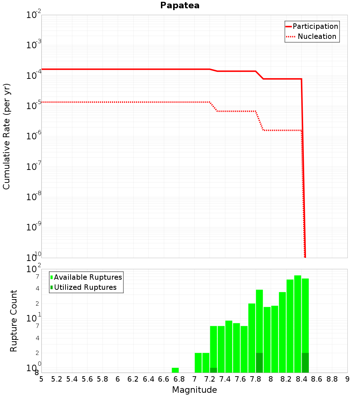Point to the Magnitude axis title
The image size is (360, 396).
(x=194, y=390)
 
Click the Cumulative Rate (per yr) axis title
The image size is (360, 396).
(x=6, y=136)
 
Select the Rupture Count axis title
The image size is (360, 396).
(x=14, y=321)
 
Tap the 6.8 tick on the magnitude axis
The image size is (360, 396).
(x=179, y=379)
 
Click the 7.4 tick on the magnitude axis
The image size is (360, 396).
(x=225, y=379)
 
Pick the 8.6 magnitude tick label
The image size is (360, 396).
(x=317, y=379)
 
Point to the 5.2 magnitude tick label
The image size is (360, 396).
(x=57, y=379)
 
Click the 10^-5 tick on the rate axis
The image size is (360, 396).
(x=34, y=105)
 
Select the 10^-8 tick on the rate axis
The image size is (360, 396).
(x=34, y=196)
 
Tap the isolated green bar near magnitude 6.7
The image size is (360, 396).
(x=175, y=370)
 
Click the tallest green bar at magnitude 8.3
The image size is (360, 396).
(x=298, y=324)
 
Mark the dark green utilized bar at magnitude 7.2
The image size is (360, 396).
(x=213, y=370)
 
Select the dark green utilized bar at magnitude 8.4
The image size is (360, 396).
(x=305, y=363)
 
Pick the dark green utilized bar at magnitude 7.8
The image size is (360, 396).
(x=259, y=363)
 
